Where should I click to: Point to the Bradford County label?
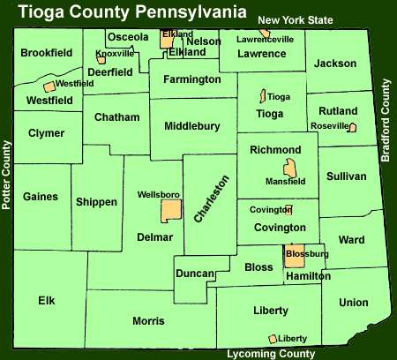(386, 120)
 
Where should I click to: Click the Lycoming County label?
(271, 354)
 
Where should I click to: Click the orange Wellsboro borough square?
(170, 211)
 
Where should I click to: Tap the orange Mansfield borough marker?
(289, 169)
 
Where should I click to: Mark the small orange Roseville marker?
(352, 128)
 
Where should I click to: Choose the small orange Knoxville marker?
(101, 61)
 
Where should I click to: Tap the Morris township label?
(148, 320)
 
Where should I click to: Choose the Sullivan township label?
(345, 176)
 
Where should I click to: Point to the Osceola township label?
(127, 37)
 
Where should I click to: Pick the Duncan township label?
(193, 274)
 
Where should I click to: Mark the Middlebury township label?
(191, 126)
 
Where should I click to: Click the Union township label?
(354, 303)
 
